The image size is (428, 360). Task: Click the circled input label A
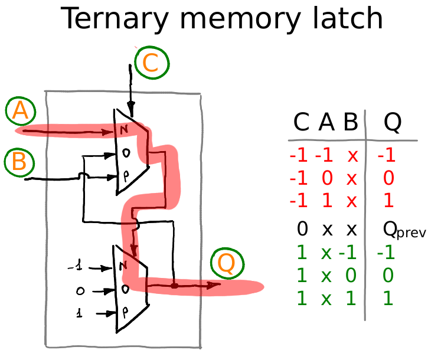click(21, 111)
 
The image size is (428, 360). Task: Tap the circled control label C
click(152, 63)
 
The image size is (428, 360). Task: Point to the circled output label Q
click(227, 263)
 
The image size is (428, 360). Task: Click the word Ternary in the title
click(115, 18)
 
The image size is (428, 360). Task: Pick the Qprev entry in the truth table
click(404, 230)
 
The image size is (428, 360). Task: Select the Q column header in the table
click(393, 123)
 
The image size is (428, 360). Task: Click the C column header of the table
click(301, 122)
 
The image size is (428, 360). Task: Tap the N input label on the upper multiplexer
click(123, 129)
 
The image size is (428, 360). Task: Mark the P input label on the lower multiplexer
click(125, 312)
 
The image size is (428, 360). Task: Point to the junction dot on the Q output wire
click(174, 286)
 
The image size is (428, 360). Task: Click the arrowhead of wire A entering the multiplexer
click(107, 132)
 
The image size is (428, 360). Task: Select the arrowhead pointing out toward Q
click(214, 285)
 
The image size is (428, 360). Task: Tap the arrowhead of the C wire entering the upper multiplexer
click(131, 108)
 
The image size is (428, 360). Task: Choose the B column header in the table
click(351, 122)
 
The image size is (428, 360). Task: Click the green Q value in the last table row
click(388, 298)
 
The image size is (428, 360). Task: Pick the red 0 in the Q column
click(388, 178)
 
